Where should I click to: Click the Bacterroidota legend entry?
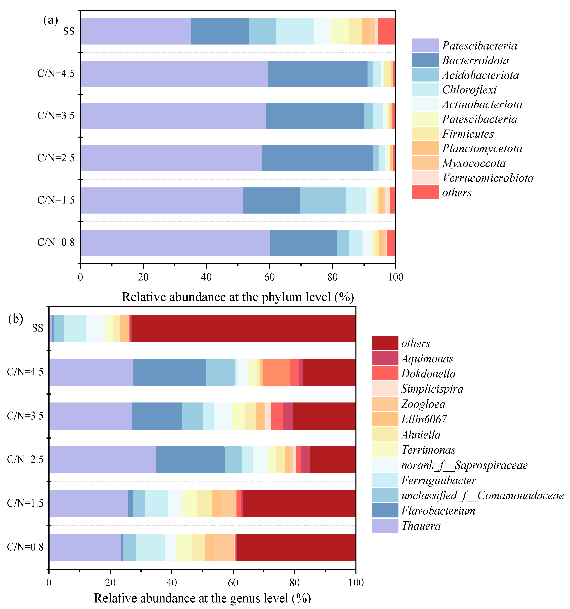(x=475, y=60)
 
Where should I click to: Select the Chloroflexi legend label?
(x=469, y=90)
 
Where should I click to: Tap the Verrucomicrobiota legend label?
(x=488, y=178)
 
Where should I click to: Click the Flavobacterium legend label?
(x=438, y=510)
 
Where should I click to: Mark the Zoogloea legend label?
(x=423, y=404)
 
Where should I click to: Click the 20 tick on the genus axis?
(x=110, y=582)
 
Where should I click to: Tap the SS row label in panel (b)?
(x=38, y=328)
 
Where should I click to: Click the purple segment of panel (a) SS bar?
(x=136, y=32)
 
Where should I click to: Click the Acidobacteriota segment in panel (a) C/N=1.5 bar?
(x=323, y=200)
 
